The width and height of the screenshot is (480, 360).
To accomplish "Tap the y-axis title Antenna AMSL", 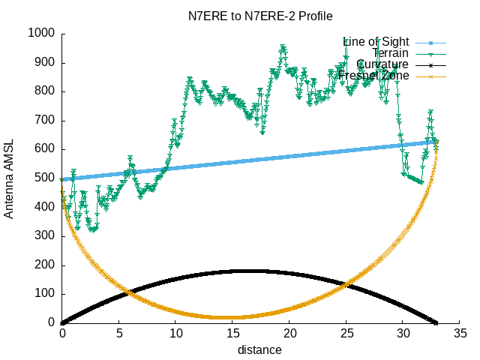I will [9, 178].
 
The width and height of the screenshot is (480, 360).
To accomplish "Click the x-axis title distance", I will [260, 350].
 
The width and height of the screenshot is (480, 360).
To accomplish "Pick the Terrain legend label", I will [390, 53].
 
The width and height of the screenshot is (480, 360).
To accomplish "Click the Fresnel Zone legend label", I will [373, 76].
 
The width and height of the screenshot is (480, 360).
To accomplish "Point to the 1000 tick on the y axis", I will [40, 33].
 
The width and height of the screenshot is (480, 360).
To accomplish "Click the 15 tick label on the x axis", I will [232, 333].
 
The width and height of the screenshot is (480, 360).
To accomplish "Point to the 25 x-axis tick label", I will [346, 333].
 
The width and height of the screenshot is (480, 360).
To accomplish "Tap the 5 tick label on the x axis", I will [118, 333].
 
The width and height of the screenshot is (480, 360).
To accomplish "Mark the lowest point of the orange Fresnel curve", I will [225, 317].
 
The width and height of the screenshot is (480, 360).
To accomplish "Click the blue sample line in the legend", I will [430, 42].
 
